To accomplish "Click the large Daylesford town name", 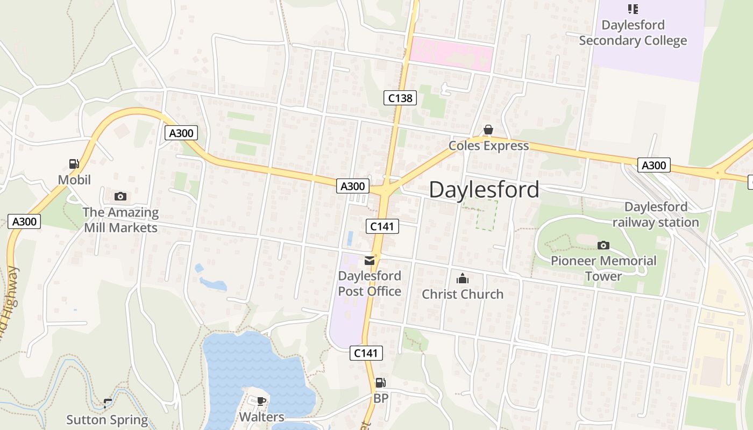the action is point(484,190).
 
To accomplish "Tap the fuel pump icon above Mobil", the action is point(74,164).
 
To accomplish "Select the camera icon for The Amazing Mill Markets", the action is point(120,196).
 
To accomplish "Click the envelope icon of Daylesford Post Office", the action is point(370,261).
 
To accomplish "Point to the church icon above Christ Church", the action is point(462,278).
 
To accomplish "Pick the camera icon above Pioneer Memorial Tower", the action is point(603,246).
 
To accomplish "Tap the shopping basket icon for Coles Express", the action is point(488,130).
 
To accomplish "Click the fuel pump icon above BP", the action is point(380,383).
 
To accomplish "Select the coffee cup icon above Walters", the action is point(261,401).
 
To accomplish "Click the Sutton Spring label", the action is point(107,420).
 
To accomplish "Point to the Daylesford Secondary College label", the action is point(633,33).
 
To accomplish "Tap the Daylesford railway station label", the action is point(656,214).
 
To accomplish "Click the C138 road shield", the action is point(400,97).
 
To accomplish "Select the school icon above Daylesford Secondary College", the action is point(633,9).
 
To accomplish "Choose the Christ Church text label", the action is point(463,294).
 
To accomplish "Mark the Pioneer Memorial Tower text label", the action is point(603,268).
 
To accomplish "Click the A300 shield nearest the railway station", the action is point(654,165).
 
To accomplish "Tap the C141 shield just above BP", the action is point(366,353).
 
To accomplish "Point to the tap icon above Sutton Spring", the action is point(108,403).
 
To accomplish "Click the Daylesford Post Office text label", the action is point(370,283).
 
